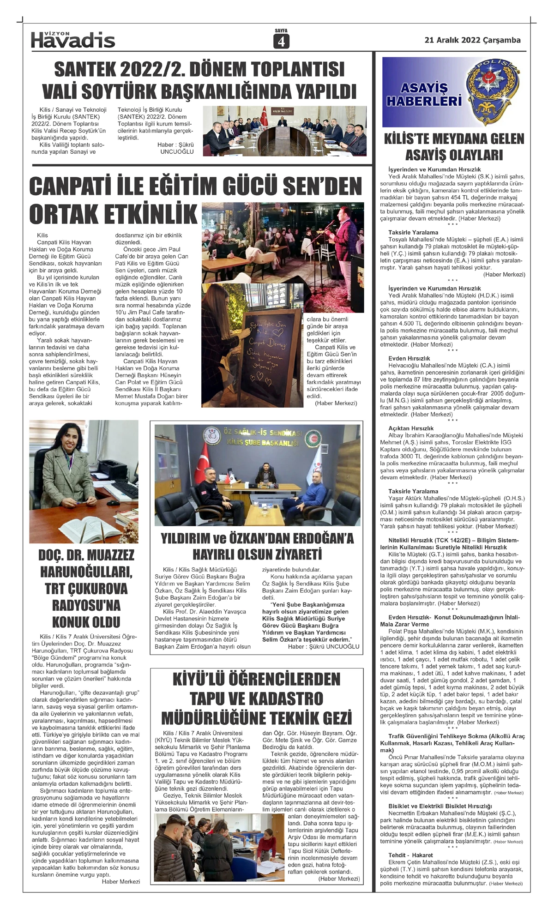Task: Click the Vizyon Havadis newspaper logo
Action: tap(73, 40)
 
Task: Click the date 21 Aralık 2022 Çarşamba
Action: tap(472, 40)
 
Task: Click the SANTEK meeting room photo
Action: tap(284, 131)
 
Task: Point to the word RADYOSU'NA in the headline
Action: tap(86, 605)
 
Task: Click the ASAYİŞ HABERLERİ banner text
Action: tap(424, 95)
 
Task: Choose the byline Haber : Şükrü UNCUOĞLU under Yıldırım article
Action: tap(323, 646)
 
